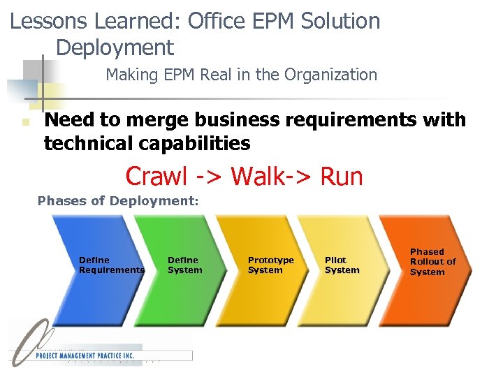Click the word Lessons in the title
(x=50, y=21)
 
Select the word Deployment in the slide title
(x=115, y=47)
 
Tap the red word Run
(x=342, y=176)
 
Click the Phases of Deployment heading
(x=118, y=201)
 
